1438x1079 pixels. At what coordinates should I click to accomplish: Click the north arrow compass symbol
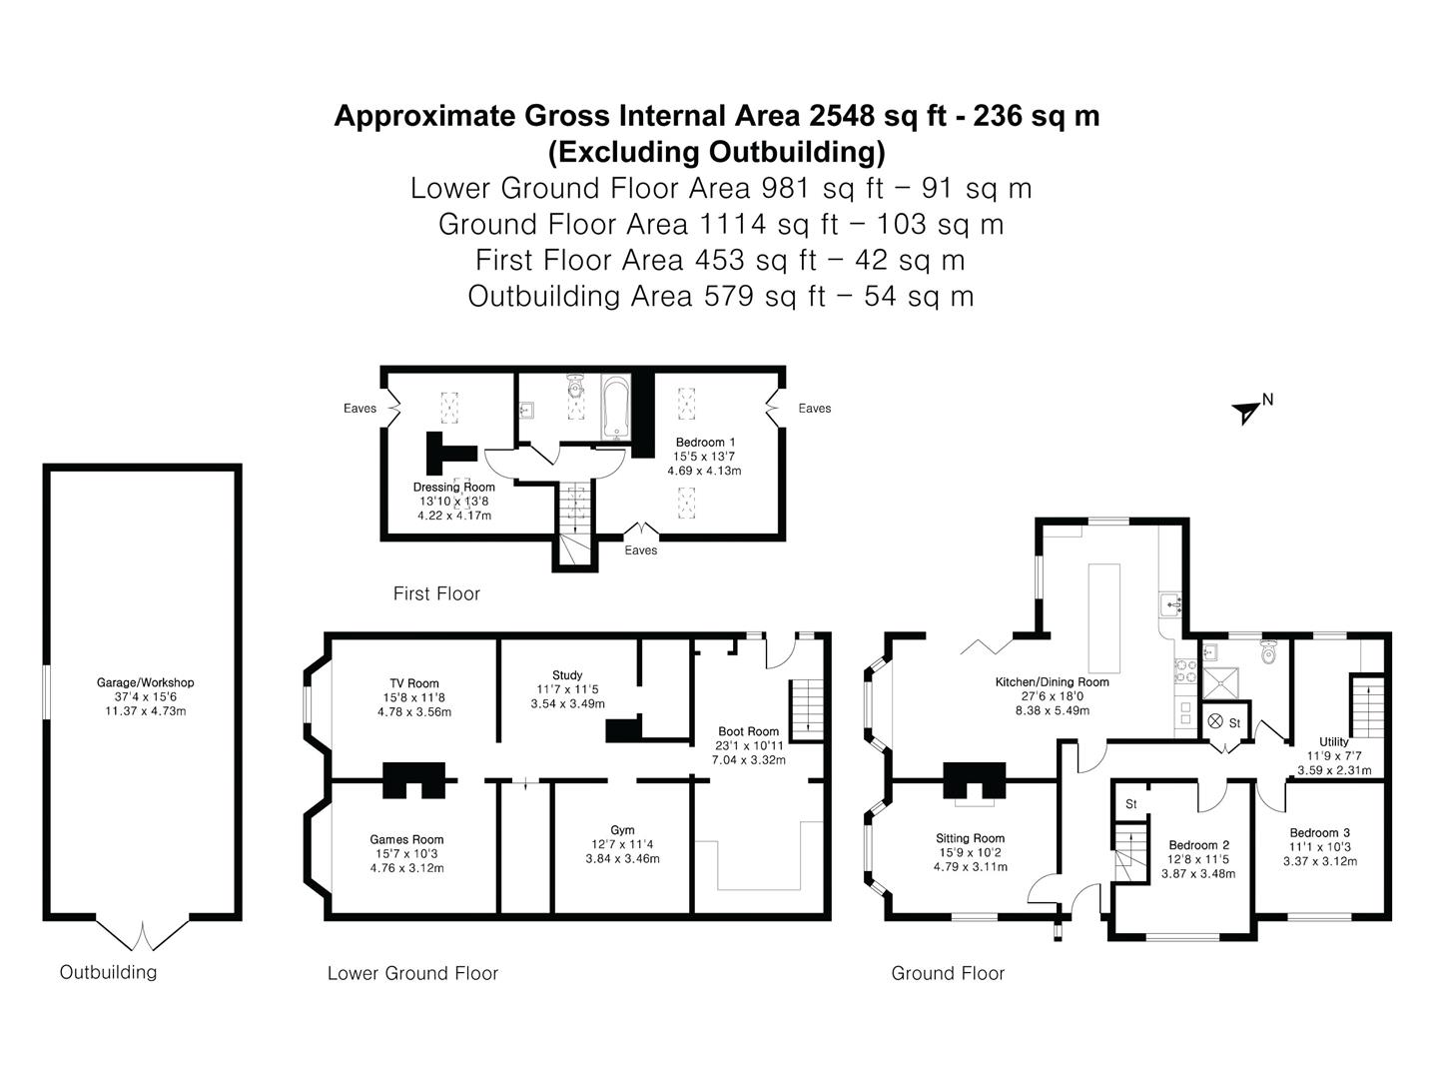pyautogui.click(x=1246, y=411)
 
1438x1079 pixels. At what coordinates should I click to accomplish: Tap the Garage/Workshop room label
pyautogui.click(x=145, y=683)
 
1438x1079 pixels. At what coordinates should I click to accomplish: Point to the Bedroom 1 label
pyautogui.click(x=705, y=443)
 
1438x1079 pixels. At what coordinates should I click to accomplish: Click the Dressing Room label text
pyautogui.click(x=453, y=488)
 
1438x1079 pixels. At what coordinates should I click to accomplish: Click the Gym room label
pyautogui.click(x=622, y=830)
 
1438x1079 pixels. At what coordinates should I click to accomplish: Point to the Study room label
pyautogui.click(x=566, y=675)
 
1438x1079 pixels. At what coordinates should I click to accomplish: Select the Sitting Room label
pyautogui.click(x=970, y=838)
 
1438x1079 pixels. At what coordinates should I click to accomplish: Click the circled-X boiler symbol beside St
pyautogui.click(x=1215, y=721)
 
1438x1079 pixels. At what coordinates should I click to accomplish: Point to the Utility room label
pyautogui.click(x=1333, y=742)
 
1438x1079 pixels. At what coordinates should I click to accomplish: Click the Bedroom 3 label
pyautogui.click(x=1319, y=833)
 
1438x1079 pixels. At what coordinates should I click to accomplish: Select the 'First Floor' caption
pyautogui.click(x=436, y=593)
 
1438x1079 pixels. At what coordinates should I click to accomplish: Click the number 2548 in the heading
pyautogui.click(x=845, y=116)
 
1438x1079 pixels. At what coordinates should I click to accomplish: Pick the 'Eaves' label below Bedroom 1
pyautogui.click(x=641, y=550)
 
